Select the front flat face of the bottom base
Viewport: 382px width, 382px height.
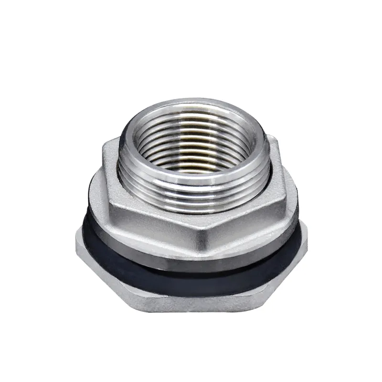click(x=191, y=301)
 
